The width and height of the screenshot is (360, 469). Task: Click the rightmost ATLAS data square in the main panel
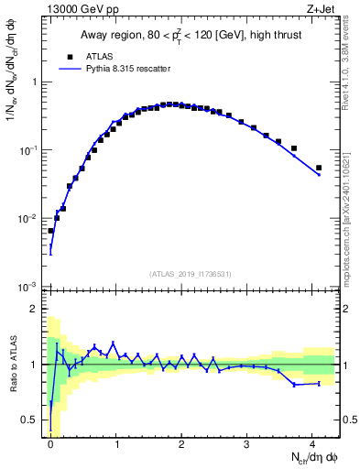(x=319, y=168)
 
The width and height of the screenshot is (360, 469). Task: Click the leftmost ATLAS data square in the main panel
(x=50, y=231)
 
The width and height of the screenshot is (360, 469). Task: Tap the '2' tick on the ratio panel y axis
(x=36, y=309)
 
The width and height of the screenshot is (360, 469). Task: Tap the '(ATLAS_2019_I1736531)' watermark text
(x=191, y=273)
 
